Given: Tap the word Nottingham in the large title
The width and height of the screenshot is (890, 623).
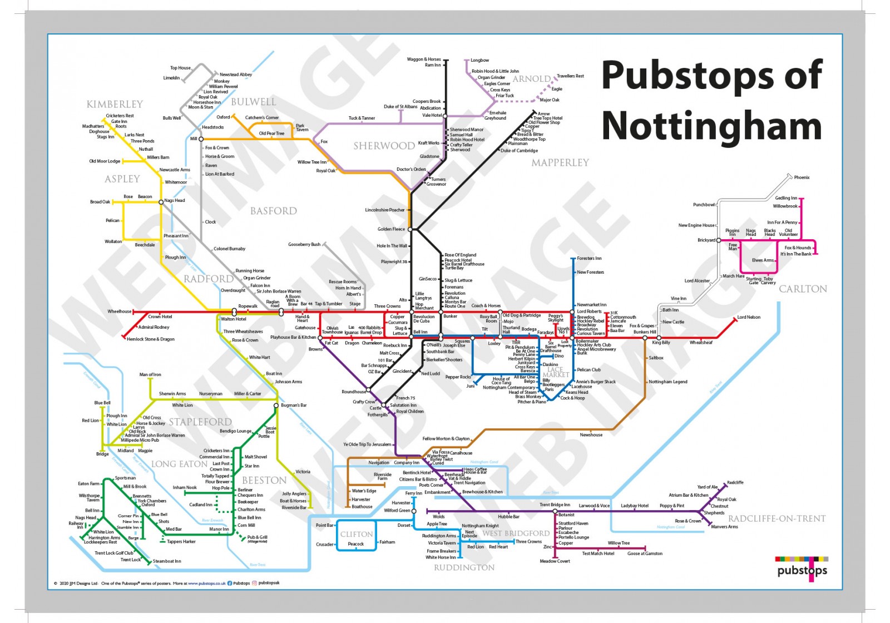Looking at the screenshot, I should tap(711, 126).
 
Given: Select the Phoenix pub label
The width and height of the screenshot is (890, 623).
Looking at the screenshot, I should tap(802, 177).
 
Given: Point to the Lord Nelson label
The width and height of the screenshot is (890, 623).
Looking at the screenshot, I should tap(749, 317).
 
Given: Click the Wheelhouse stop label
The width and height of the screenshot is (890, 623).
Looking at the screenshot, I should tap(119, 311).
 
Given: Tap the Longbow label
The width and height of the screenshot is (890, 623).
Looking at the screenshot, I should tap(479, 60).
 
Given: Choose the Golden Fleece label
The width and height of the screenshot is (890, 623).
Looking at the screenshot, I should tap(391, 229).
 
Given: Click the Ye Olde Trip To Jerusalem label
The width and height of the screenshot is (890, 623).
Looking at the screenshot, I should tap(367, 444).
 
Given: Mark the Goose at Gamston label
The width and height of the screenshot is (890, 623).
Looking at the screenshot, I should tap(645, 553).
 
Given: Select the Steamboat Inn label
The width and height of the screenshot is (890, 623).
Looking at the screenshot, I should tap(167, 561).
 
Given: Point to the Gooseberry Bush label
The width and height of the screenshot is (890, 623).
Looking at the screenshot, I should tap(304, 244).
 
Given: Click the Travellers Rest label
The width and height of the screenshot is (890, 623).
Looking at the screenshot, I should tap(570, 76).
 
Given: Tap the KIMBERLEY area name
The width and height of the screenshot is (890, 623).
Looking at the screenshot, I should tap(115, 104).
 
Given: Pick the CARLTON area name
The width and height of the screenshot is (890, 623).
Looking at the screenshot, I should tap(803, 289).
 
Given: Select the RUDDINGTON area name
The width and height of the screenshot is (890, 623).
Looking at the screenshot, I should tap(464, 567).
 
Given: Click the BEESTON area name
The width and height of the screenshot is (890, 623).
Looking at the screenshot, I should tap(264, 480).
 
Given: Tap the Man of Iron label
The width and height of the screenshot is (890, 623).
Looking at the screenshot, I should tap(150, 374).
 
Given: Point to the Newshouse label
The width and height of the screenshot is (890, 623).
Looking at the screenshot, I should tap(591, 435).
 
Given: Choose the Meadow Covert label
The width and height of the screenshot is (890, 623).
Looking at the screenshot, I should tap(555, 561).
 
